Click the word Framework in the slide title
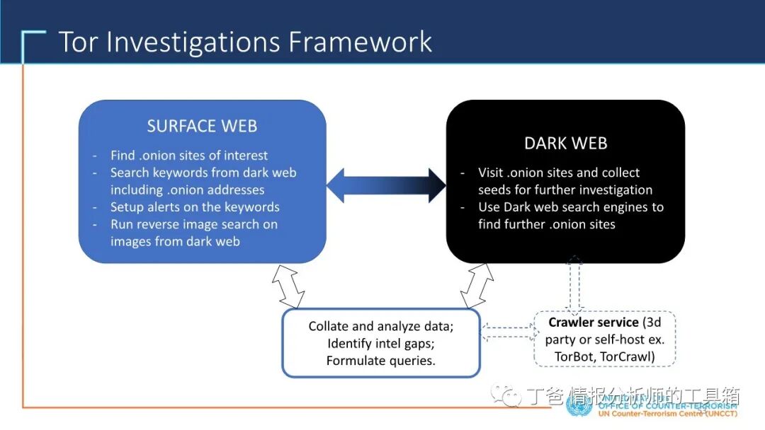point(361,42)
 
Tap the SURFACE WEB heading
point(202,127)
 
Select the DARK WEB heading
point(565,144)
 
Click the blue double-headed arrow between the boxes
point(386,185)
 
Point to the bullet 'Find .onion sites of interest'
point(189,156)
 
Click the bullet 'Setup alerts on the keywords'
point(195,207)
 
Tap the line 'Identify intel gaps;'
point(381,344)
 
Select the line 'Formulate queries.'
point(381,361)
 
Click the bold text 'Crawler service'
point(594,323)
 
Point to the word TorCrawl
point(627,356)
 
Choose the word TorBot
point(573,356)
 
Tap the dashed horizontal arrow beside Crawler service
point(508,327)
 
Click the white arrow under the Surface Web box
point(288,286)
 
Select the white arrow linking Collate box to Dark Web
point(477,286)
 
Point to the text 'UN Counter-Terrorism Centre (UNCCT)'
point(667,413)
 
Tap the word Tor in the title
point(79,42)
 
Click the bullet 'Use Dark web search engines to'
point(571,207)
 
